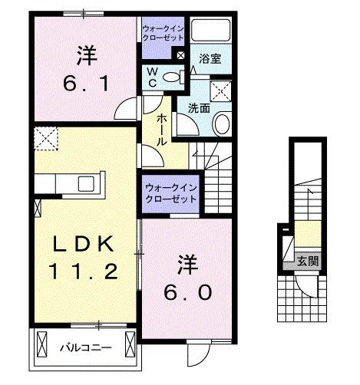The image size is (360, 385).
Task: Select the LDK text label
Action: coord(84,245)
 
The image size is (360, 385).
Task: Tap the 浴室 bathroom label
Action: coord(210,58)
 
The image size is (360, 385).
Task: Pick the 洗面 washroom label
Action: coord(199,108)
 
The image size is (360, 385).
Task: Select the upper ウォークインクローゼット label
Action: coord(162,35)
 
